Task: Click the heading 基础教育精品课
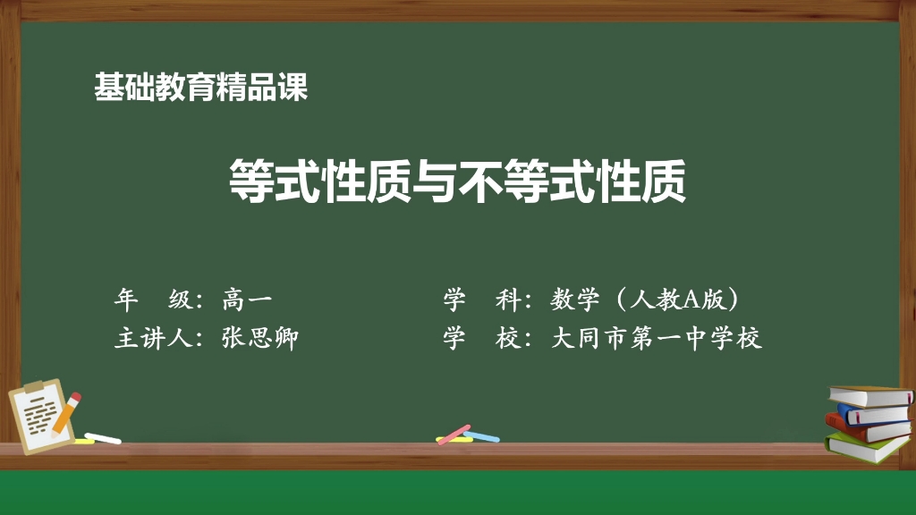click(x=200, y=88)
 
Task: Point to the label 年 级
click(x=153, y=300)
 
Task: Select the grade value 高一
click(x=247, y=300)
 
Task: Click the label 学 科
click(x=481, y=300)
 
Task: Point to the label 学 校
click(x=481, y=339)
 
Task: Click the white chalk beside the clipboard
click(x=103, y=438)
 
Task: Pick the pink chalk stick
click(x=454, y=435)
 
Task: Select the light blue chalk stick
click(x=482, y=436)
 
